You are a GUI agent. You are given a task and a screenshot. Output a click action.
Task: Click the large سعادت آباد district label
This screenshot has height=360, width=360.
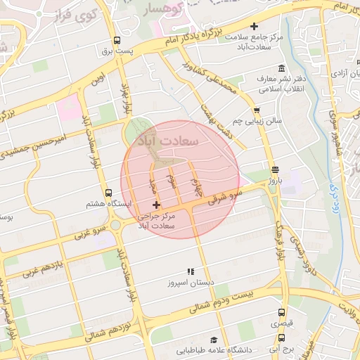[171, 141]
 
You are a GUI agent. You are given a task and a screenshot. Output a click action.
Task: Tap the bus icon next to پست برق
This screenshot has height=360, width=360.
[116, 40]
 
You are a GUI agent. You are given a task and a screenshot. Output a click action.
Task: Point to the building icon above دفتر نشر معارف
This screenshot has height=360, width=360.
[281, 68]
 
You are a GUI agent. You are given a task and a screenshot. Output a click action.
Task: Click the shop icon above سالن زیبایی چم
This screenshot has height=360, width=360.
[257, 110]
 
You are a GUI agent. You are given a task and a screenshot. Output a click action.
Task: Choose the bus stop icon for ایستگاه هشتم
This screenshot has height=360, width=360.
[108, 192]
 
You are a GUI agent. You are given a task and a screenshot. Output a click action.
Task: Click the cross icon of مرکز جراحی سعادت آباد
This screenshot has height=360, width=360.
[156, 205]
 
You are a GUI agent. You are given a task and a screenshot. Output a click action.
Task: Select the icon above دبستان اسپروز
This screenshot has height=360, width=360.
[189, 271]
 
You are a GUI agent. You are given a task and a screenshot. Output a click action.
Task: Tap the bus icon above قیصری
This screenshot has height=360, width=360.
[281, 313]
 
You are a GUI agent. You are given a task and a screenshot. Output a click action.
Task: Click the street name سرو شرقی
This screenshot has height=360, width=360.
[226, 195]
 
